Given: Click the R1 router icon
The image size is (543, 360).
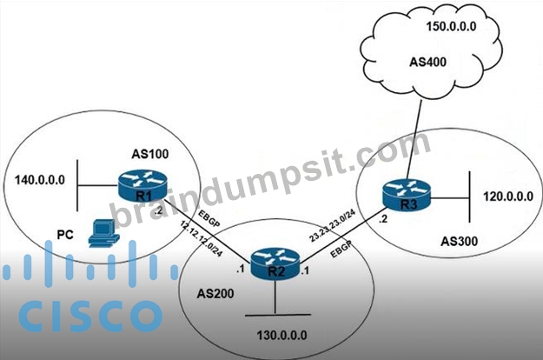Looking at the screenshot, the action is pyautogui.click(x=142, y=186).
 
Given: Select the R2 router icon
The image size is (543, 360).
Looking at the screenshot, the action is pyautogui.click(x=275, y=263).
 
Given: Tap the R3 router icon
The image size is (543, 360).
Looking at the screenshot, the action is pyautogui.click(x=407, y=195).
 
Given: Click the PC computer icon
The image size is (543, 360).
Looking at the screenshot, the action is pyautogui.click(x=104, y=233).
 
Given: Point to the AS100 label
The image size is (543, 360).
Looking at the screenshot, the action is pyautogui.click(x=150, y=154).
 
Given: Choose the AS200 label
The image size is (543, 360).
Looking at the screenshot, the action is pyautogui.click(x=215, y=294).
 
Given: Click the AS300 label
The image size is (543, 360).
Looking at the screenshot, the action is pyautogui.click(x=460, y=241).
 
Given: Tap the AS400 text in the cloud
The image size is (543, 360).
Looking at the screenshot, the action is pyautogui.click(x=427, y=62).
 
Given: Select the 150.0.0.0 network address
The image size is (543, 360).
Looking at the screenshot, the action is pyautogui.click(x=451, y=26).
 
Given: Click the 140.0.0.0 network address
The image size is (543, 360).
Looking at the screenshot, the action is pyautogui.click(x=40, y=180).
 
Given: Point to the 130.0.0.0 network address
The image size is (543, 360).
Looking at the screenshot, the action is pyautogui.click(x=281, y=335).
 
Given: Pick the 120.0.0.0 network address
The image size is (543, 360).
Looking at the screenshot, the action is pyautogui.click(x=508, y=197).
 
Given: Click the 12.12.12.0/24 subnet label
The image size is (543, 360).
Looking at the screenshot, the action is pyautogui.click(x=202, y=238).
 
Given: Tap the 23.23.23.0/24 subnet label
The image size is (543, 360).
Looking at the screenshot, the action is pyautogui.click(x=332, y=225).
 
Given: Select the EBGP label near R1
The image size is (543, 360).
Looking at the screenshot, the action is pyautogui.click(x=209, y=218).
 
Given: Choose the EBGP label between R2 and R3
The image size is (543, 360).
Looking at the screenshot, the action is pyautogui.click(x=341, y=249).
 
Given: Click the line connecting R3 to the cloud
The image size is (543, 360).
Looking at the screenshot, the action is pyautogui.click(x=414, y=139).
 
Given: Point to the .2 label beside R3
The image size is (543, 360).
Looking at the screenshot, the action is pyautogui.click(x=383, y=219).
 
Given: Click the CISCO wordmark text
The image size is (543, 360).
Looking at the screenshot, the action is pyautogui.click(x=90, y=317).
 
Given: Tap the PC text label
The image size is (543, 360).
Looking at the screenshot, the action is pyautogui.click(x=65, y=235).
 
